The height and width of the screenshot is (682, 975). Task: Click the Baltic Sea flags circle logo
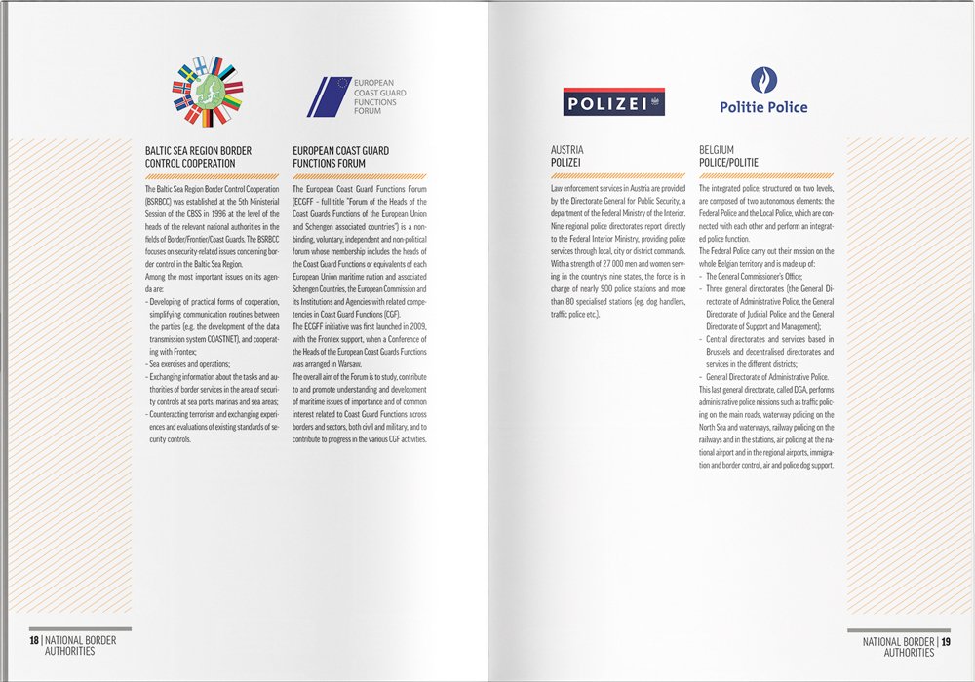pos(208,94)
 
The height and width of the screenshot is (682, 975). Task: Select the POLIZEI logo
pos(613,101)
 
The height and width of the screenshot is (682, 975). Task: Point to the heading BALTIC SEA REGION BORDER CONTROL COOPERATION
pos(198,157)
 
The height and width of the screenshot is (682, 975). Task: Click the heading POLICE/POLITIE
pos(729,162)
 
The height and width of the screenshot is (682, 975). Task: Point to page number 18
pos(35,641)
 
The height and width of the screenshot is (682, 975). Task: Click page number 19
pos(946,641)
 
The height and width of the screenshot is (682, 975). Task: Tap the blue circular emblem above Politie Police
pos(763,81)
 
